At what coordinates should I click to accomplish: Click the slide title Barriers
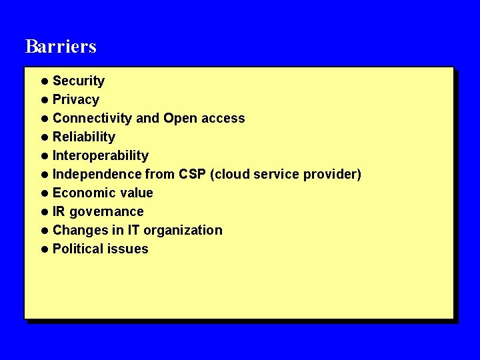click(x=61, y=46)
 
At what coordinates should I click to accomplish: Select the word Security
click(x=79, y=81)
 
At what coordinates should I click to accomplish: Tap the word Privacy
click(x=76, y=99)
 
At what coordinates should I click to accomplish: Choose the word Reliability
click(x=84, y=137)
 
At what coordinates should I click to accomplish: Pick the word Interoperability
click(x=101, y=155)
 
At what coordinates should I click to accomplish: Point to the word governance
click(x=107, y=211)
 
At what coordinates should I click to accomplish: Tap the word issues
click(x=130, y=249)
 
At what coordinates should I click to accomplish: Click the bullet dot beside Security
click(x=44, y=81)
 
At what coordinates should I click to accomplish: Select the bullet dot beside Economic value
click(x=44, y=193)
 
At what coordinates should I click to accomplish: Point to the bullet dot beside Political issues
click(x=44, y=249)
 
